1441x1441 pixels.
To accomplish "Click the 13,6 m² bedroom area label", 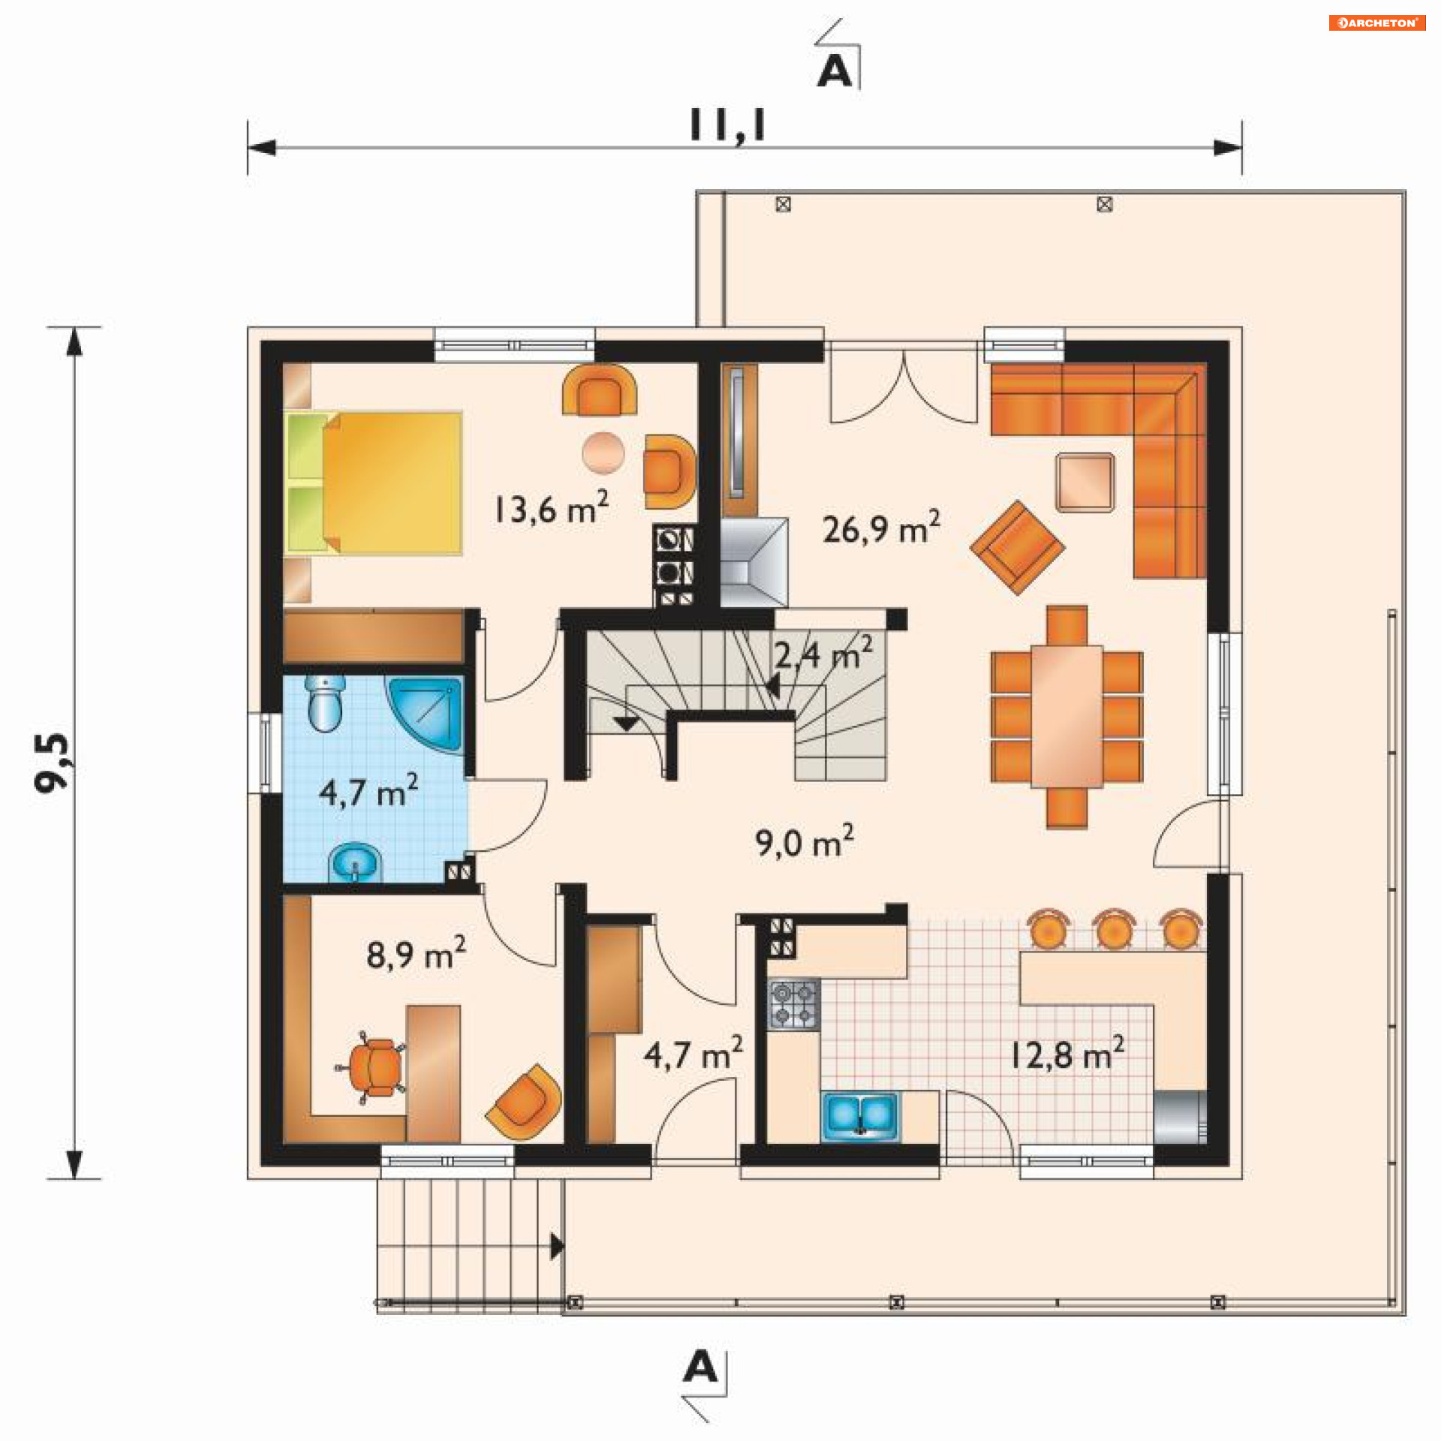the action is click(551, 507).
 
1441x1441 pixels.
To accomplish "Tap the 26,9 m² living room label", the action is click(881, 527).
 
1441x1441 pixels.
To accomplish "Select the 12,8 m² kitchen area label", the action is click(1066, 1053).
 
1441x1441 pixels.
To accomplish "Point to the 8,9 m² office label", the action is click(417, 953).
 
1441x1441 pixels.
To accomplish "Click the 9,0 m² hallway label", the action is click(805, 841).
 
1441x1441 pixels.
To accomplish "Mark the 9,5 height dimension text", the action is click(53, 762).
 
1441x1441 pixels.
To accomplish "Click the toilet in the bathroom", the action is click(326, 703).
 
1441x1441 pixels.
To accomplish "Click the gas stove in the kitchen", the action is click(794, 1004).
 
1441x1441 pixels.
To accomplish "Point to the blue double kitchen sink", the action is click(860, 1116).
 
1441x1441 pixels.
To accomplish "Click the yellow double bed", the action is click(373, 483).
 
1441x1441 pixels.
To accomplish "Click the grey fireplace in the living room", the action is click(754, 562).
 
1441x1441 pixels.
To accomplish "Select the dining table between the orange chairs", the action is click(1066, 716).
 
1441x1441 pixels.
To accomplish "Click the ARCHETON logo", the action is click(1377, 23).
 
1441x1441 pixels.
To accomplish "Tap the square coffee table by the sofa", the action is click(1085, 483).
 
